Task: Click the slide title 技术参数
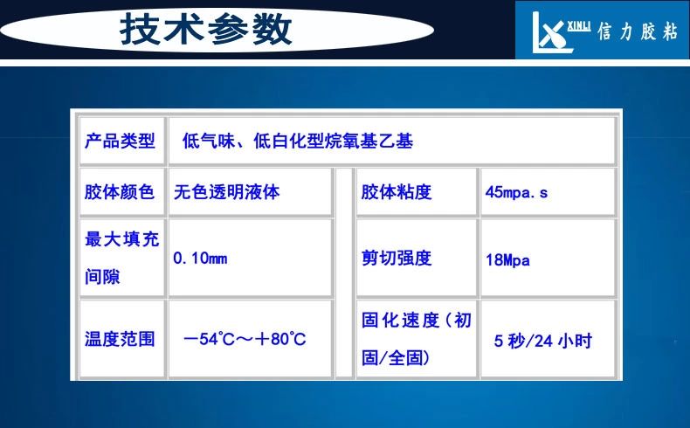pos(206,29)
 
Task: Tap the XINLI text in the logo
pos(578,26)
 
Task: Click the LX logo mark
pos(552,32)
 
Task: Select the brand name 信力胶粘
pos(638,31)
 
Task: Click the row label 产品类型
pos(120,142)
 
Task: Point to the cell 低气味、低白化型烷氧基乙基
pos(298,142)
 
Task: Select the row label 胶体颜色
pos(120,192)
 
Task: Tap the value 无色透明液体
pos(226,192)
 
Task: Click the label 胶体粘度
pos(396,192)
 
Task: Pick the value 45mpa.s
pos(516,192)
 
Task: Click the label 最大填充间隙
pos(121,259)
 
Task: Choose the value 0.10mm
pos(200,259)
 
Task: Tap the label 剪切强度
pos(396,259)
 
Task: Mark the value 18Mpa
pos(507,260)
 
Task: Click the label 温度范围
pos(120,339)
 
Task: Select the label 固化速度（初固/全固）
pos(417,339)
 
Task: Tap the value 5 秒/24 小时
pos(543,341)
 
